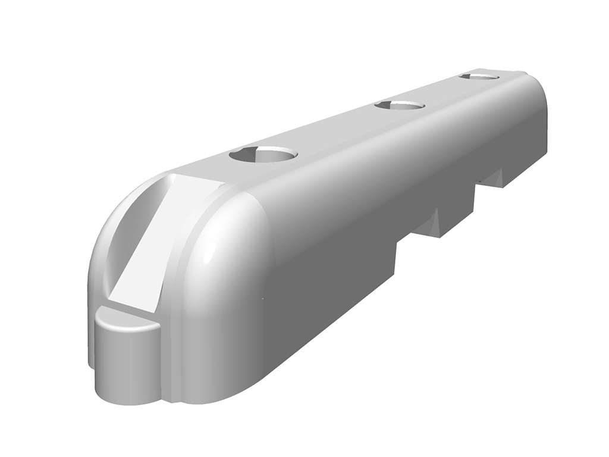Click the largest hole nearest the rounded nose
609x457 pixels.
coord(263,155)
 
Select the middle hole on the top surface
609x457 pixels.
coord(400,105)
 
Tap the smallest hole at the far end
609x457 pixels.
coord(479,76)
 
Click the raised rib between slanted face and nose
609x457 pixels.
coord(178,250)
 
